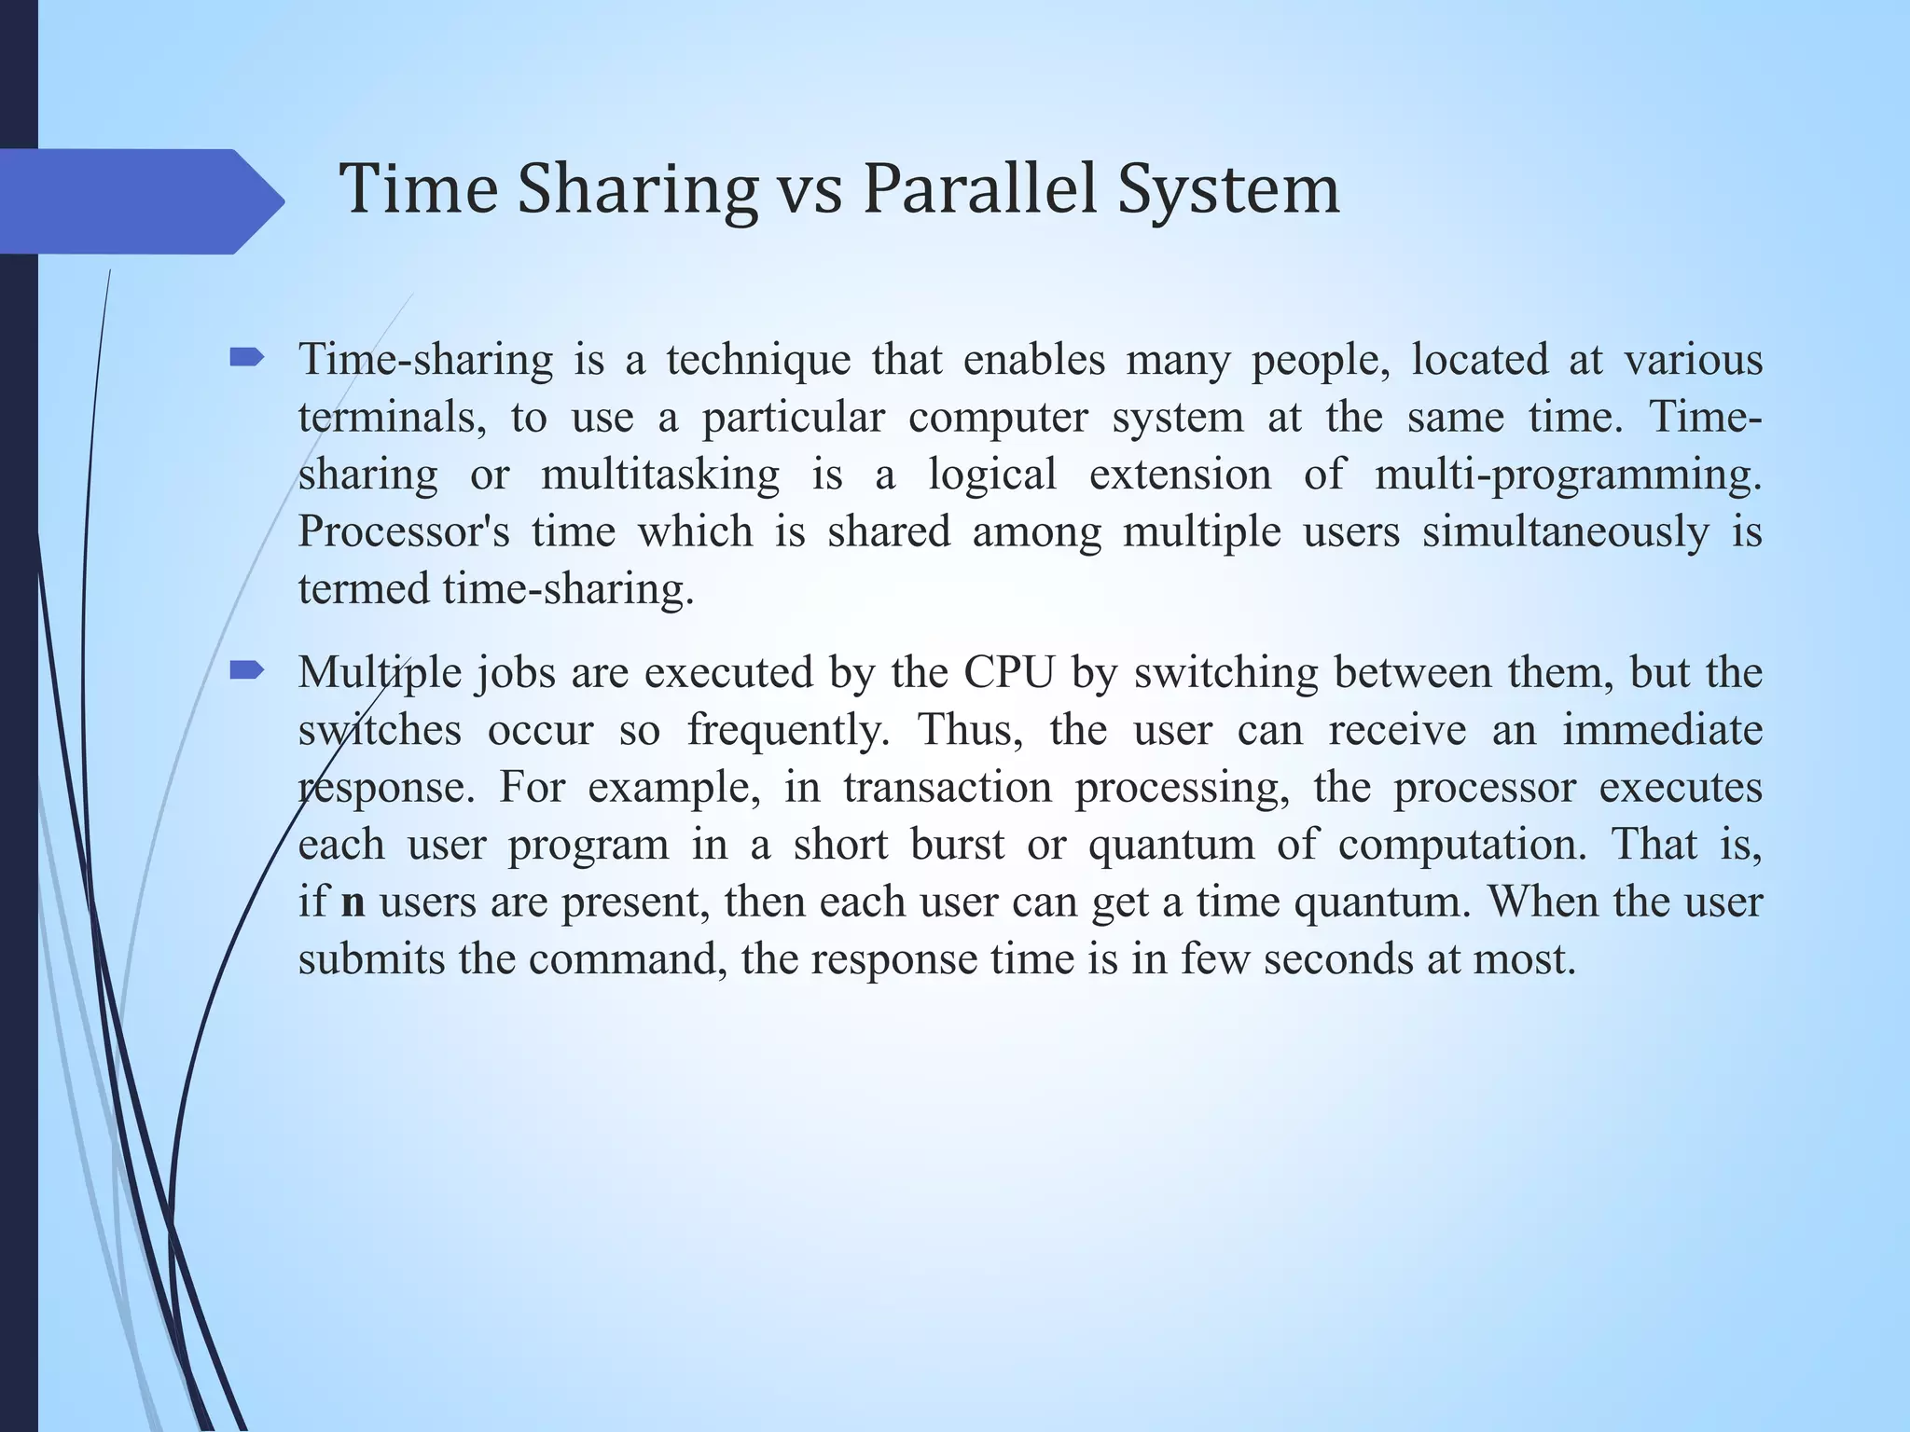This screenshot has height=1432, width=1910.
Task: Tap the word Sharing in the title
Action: [x=637, y=191]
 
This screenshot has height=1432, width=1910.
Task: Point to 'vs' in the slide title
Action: [x=810, y=191]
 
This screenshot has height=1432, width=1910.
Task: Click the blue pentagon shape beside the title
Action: [x=140, y=201]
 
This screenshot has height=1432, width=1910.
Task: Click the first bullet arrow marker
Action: [x=247, y=357]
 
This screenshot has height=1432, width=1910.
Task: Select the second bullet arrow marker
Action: [x=247, y=669]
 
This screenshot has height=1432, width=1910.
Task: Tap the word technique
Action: [x=758, y=360]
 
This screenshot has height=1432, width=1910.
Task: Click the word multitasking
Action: [x=659, y=475]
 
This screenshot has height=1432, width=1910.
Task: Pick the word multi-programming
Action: [x=1568, y=475]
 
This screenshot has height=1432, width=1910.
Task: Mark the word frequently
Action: [x=789, y=730]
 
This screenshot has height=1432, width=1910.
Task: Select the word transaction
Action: [x=948, y=788]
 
